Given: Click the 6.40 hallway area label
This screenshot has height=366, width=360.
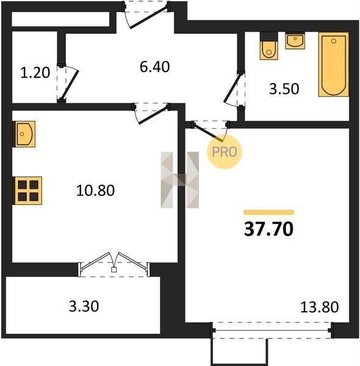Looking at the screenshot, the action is point(154,66).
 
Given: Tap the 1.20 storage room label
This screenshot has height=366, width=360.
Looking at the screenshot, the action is point(35,73).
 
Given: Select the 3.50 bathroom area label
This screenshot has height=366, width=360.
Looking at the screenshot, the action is point(284,89).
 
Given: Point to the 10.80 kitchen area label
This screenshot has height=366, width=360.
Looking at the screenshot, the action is point(95,190).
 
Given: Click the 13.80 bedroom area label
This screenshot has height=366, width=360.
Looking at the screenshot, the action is point(319,307).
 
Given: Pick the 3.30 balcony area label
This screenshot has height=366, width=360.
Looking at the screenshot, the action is point(84,306).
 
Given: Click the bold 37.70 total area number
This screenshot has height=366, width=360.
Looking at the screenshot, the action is point(268,229).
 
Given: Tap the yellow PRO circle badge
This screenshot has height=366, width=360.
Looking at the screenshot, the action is point(224,152).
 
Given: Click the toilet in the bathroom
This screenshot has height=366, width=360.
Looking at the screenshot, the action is point(269,46).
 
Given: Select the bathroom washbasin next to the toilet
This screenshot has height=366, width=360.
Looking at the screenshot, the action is point(295,41).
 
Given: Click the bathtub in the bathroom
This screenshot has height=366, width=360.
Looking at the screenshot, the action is point(334,65).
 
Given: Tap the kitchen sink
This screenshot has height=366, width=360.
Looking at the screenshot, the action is point(24,134).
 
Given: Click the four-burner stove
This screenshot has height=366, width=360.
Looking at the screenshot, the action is point(28,190).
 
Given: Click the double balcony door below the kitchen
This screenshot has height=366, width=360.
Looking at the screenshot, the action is point(114,264).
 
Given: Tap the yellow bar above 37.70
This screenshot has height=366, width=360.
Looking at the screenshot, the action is point(268,212).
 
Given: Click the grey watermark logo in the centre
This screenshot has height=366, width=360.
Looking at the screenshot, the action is point(180,180).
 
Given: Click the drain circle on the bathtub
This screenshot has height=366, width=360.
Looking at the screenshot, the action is point(334,41).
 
